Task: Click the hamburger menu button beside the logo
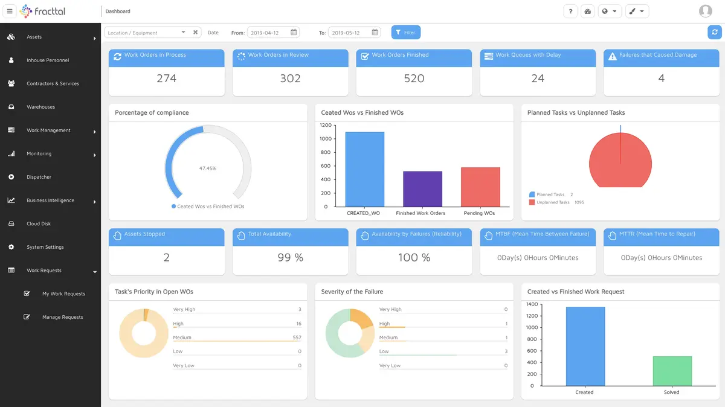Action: [9, 11]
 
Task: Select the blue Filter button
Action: [406, 33]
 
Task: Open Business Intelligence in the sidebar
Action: [51, 200]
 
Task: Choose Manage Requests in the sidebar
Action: [62, 317]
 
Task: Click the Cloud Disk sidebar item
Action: [39, 223]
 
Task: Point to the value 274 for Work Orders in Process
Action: [166, 79]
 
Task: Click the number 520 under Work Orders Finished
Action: [414, 79]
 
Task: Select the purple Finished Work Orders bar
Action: [422, 189]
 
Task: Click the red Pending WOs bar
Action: [480, 187]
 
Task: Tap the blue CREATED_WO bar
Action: [364, 169]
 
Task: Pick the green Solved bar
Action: [672, 371]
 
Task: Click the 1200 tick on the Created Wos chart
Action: [326, 125]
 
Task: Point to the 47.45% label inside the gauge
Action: [208, 168]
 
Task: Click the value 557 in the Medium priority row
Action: [297, 338]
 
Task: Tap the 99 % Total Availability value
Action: [290, 258]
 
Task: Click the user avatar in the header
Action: [705, 11]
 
